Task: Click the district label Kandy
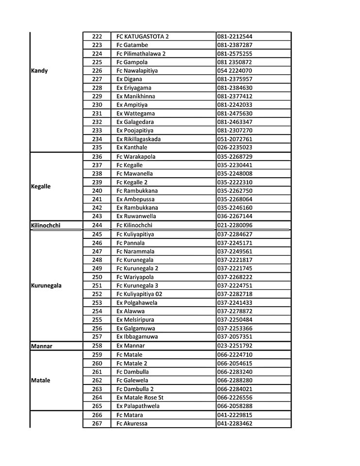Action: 39,71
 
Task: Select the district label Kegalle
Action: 41,186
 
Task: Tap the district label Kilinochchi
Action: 46,225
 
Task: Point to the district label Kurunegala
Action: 46,285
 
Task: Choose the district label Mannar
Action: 41,346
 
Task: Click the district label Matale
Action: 41,381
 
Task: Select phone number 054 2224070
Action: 235,71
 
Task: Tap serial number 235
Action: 97,148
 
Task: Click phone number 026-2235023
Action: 235,148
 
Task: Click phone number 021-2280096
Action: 235,225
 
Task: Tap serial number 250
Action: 97,277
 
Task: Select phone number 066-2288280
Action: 235,381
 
